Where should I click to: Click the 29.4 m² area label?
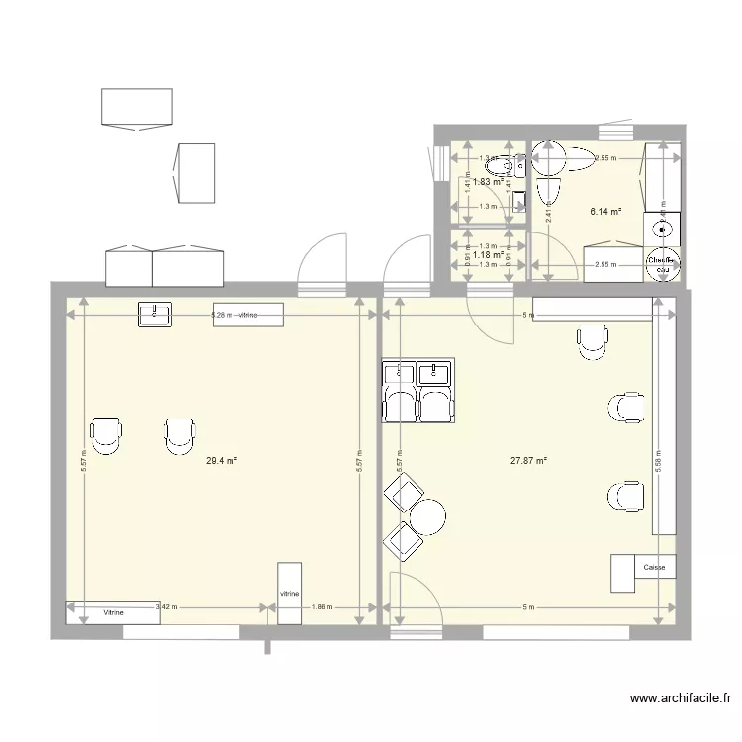coord(222,460)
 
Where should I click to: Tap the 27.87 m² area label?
coord(528,460)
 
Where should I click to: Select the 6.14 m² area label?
coord(604,211)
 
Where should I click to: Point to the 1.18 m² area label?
coord(489,253)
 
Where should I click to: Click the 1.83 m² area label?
coord(488,181)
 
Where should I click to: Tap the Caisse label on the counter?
coord(654,568)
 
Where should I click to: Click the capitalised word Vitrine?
coord(114,613)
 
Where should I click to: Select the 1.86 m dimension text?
coord(321,606)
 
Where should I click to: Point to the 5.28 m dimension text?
coord(221,316)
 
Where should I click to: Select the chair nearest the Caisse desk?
coord(625,495)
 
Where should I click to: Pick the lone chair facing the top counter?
coord(592,339)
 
